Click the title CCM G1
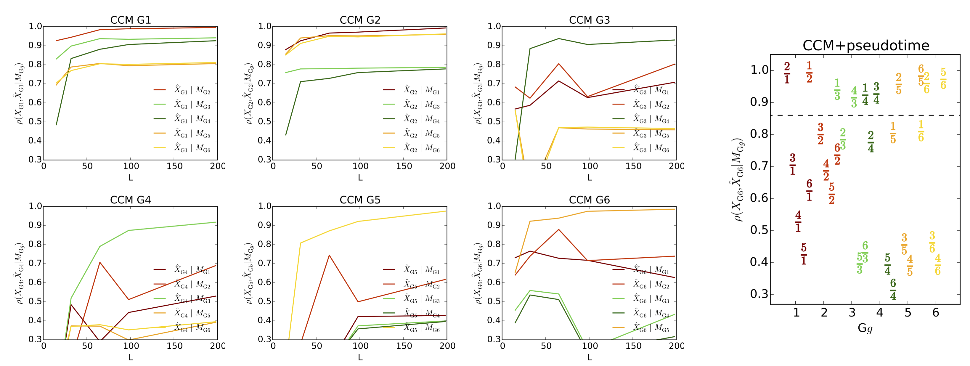tap(130, 20)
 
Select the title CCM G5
tap(360, 200)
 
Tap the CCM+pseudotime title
tap(866, 46)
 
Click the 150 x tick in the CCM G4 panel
tap(174, 346)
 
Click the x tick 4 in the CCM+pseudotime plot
tap(880, 312)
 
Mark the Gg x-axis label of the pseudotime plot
tap(865, 328)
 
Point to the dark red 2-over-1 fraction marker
tap(787, 73)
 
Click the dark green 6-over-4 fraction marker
tap(893, 290)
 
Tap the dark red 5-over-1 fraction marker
tap(804, 254)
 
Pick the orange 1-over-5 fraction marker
tap(893, 133)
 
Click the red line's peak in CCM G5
tap(329, 255)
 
